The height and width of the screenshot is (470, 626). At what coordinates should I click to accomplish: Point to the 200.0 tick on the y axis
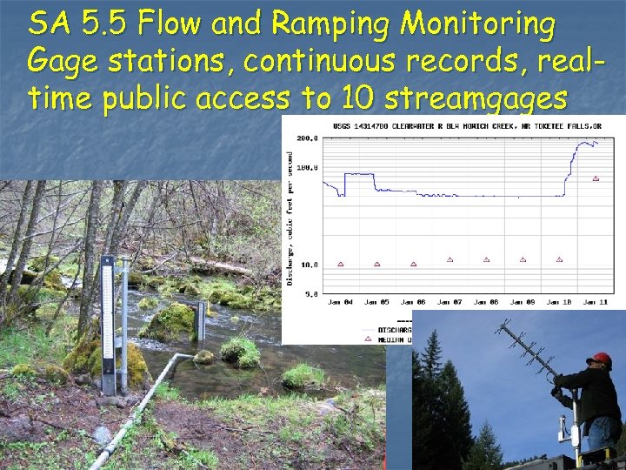(307, 138)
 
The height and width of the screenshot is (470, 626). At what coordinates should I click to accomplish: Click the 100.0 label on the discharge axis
(307, 167)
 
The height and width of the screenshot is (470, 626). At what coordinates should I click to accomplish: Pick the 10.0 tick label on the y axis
(309, 264)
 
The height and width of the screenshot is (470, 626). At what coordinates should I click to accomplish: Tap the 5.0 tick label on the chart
(310, 293)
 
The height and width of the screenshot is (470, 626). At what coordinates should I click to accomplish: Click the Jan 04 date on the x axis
(340, 301)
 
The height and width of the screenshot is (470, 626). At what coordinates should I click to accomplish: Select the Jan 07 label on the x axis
(450, 301)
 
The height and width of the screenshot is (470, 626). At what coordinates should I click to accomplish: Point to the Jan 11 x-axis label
(595, 301)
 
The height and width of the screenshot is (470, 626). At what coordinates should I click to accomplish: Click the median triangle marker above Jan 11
(596, 178)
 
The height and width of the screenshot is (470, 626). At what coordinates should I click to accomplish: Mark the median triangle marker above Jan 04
(340, 264)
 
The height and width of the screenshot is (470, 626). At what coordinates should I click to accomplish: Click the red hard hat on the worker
(598, 359)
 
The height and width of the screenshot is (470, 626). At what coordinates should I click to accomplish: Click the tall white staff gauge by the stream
(108, 322)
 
